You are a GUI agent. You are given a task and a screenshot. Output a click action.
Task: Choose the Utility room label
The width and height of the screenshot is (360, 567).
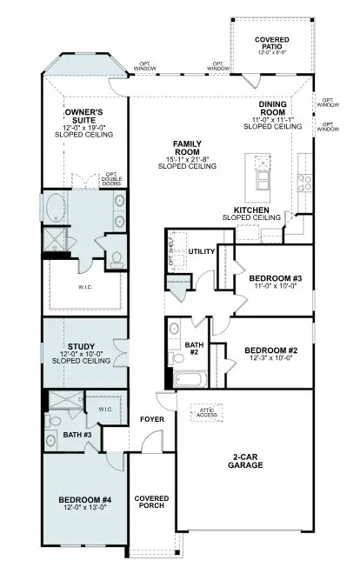pyautogui.click(x=203, y=251)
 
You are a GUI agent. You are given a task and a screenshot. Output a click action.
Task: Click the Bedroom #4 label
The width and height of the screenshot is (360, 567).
pyautogui.click(x=85, y=504)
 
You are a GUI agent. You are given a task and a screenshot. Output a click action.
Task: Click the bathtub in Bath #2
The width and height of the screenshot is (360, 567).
pyautogui.click(x=188, y=378)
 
